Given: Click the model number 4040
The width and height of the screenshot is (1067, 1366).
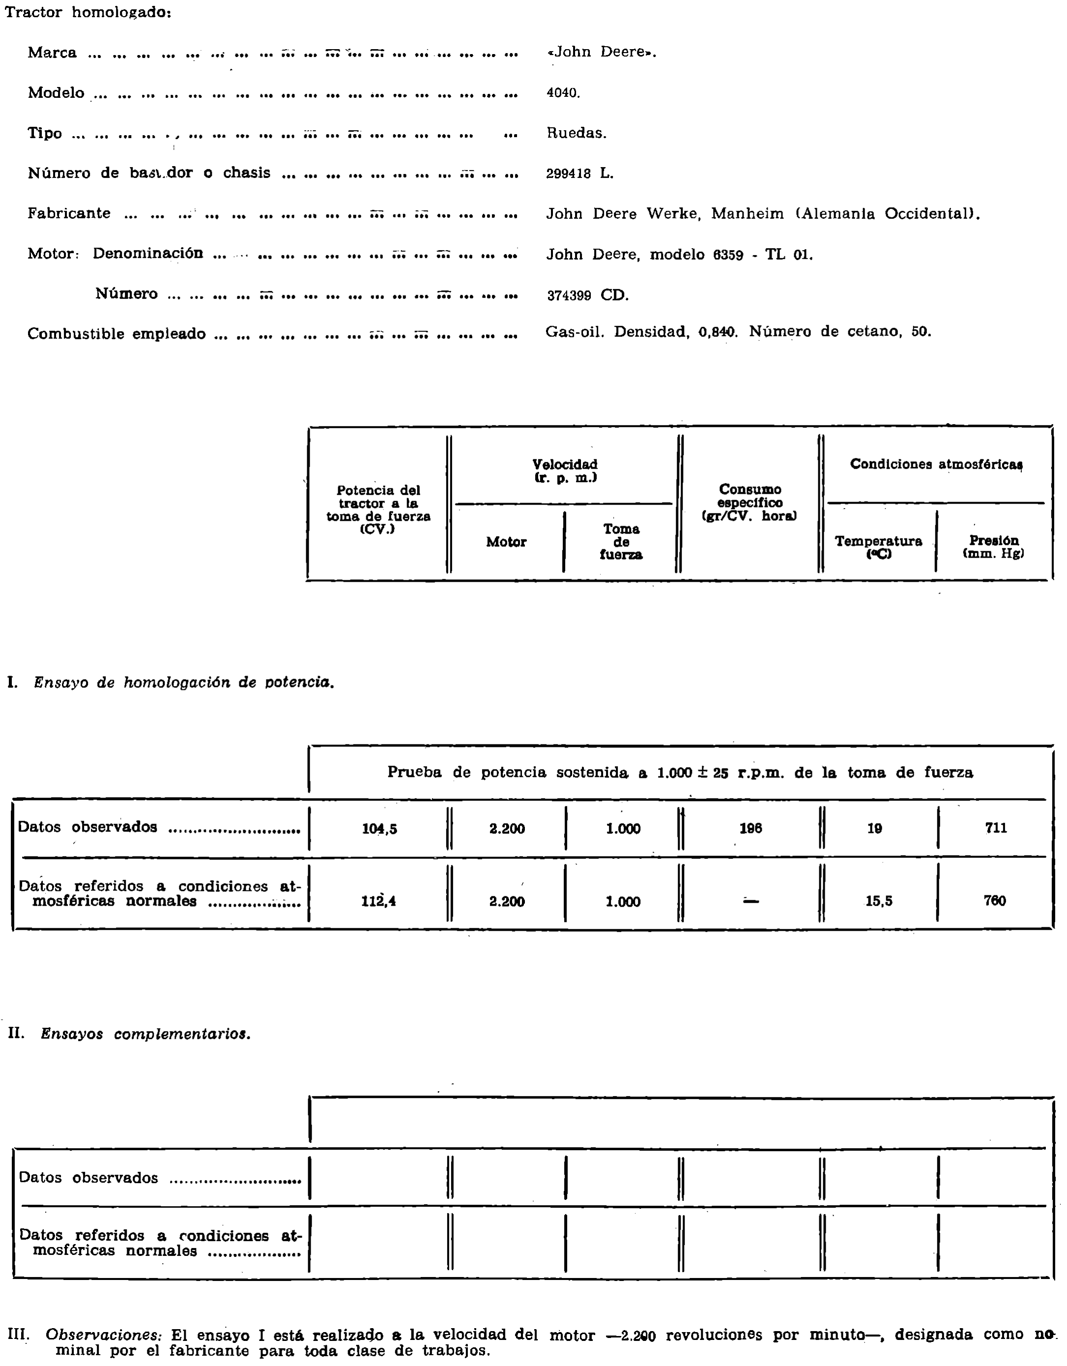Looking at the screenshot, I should [x=563, y=93].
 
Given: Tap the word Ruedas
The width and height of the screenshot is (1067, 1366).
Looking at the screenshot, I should [x=576, y=133].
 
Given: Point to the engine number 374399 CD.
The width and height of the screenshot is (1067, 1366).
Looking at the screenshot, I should [x=587, y=295].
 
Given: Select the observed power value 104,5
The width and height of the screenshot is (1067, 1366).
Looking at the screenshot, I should [x=379, y=829].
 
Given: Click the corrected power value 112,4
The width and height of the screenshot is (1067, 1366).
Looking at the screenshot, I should [x=378, y=901].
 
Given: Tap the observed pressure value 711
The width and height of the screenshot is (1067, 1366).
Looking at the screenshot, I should [x=996, y=828].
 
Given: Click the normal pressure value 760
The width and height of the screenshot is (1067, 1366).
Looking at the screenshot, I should [x=994, y=901].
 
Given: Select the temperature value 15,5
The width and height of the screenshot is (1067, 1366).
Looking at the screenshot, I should [x=879, y=901].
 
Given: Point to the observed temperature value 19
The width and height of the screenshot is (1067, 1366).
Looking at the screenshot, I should [x=874, y=829].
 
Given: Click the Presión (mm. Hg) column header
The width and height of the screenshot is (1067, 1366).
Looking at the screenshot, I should [x=993, y=547].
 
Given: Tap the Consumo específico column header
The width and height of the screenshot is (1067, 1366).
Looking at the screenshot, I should [x=750, y=502].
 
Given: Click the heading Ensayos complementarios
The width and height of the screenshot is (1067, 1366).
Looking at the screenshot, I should [x=145, y=1034].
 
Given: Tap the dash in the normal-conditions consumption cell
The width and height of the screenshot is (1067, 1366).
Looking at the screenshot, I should [x=750, y=901].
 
